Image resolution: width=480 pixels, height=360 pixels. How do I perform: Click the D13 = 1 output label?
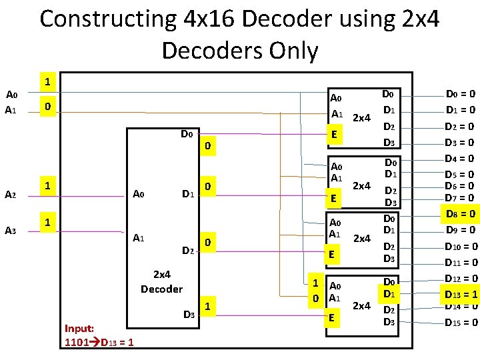point(460,294)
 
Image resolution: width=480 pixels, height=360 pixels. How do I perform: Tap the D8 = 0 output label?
point(460,214)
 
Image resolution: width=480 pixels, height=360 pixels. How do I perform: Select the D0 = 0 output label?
point(460,95)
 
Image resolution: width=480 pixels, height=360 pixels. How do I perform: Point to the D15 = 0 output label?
point(460,323)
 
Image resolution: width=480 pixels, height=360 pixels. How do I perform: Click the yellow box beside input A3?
point(45,221)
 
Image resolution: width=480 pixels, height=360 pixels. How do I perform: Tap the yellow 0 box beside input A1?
point(45,107)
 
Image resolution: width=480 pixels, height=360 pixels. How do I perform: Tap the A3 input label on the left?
point(10,230)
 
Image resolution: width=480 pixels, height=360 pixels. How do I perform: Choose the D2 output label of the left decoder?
point(188,250)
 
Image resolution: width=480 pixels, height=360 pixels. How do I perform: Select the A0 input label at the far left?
point(11,95)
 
